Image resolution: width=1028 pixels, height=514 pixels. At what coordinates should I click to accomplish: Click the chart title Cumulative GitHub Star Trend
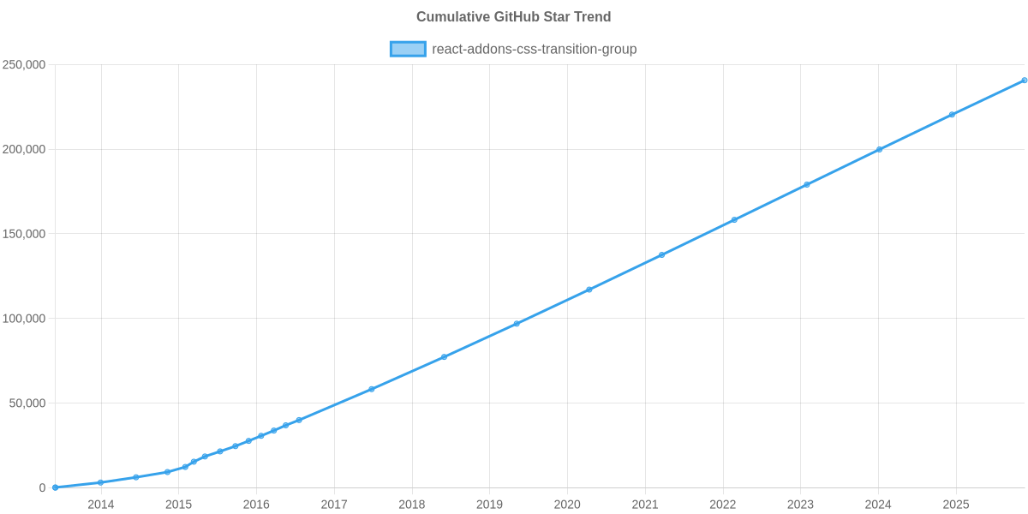(x=513, y=17)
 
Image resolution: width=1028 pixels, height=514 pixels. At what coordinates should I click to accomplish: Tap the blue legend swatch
(x=407, y=49)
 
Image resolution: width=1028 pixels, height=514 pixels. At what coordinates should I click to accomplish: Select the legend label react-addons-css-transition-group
(x=534, y=49)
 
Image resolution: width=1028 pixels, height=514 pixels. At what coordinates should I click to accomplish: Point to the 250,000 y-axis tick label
(x=24, y=65)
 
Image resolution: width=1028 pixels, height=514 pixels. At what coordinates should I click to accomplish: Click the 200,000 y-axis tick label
(x=24, y=150)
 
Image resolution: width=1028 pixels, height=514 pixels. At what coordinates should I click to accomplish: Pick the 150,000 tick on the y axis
(x=24, y=234)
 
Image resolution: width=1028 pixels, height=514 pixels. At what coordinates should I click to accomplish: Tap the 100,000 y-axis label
(x=24, y=319)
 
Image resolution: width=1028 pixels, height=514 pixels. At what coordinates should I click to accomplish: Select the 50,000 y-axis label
(x=27, y=403)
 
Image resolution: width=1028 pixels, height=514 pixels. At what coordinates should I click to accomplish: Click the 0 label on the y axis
(x=42, y=488)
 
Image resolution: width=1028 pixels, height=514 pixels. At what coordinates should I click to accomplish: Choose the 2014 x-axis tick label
(x=101, y=505)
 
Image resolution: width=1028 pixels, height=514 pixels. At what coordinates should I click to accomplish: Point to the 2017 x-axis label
(x=334, y=505)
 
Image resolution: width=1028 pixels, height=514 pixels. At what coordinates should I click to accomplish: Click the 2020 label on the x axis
(x=567, y=505)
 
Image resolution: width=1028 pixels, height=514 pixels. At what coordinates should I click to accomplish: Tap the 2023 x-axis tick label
(x=800, y=505)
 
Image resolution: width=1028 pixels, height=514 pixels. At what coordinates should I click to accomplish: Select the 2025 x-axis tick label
(x=956, y=505)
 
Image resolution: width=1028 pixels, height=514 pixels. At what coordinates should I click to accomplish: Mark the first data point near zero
(x=56, y=487)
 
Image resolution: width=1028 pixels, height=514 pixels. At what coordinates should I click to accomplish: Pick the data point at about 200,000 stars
(x=879, y=150)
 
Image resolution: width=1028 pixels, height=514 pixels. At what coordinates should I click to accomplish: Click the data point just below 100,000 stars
(x=517, y=324)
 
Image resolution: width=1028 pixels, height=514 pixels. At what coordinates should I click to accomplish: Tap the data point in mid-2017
(x=372, y=389)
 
